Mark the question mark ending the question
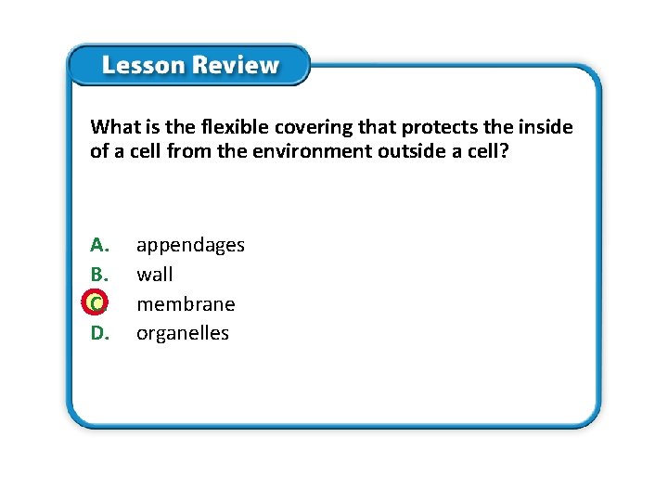[x=504, y=150]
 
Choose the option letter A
[x=100, y=245]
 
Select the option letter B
[x=99, y=275]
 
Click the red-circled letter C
[x=96, y=303]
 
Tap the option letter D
[x=100, y=333]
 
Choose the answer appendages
[x=190, y=246]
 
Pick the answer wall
[x=154, y=275]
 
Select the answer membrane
[x=186, y=304]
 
